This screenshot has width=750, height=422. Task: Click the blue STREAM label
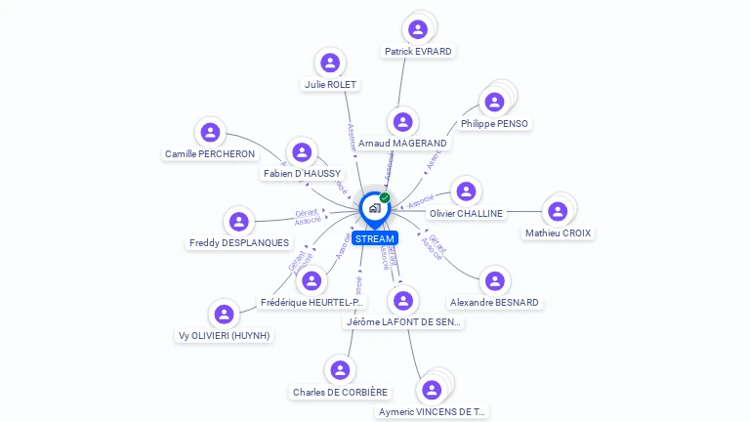[x=375, y=238]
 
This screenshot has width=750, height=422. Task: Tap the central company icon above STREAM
[x=374, y=208]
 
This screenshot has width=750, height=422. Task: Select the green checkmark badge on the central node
[x=385, y=197]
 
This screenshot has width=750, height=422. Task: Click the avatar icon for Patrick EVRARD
[x=418, y=29]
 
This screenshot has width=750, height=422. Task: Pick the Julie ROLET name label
[x=330, y=85]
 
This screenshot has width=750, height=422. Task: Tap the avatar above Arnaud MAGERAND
[x=402, y=122]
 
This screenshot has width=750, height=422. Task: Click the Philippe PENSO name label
[x=494, y=124]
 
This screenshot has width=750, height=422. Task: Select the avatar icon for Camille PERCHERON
[x=210, y=132]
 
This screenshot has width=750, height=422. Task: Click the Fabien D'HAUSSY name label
[x=302, y=174]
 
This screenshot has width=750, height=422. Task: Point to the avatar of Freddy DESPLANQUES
[x=238, y=222]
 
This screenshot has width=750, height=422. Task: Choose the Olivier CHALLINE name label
[x=466, y=213]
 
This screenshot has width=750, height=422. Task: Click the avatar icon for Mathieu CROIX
[x=558, y=211]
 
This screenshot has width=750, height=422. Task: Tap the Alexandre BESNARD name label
[x=494, y=303]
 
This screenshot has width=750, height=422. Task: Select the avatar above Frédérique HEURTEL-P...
[x=312, y=281]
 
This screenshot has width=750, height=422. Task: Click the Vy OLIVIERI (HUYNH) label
[x=224, y=336]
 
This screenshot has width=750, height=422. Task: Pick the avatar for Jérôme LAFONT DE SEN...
[x=402, y=300]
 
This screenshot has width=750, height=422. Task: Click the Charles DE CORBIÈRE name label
[x=340, y=393]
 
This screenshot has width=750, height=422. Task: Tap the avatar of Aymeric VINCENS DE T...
[x=432, y=390]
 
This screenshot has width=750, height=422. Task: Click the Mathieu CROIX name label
[x=558, y=233]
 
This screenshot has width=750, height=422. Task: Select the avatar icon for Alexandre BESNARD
[x=495, y=281]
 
